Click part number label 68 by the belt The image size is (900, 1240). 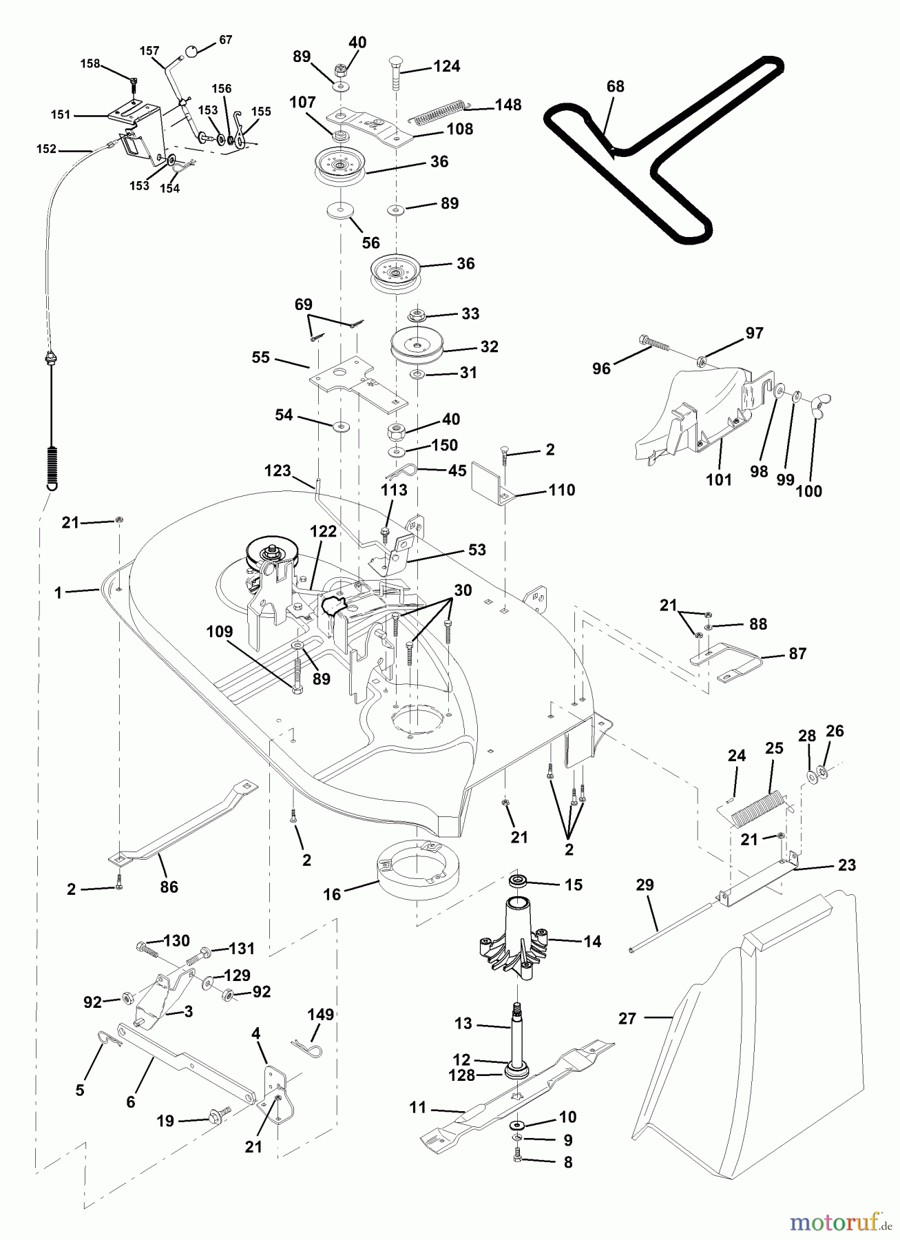coord(615,87)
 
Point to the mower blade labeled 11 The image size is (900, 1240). coord(516,1088)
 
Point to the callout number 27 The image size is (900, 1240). coord(627,1018)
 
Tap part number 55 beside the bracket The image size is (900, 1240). coord(261,358)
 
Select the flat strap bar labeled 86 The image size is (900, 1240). coord(182,826)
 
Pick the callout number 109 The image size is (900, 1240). coord(220,632)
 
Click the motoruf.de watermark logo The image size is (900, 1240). coord(836,1221)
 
